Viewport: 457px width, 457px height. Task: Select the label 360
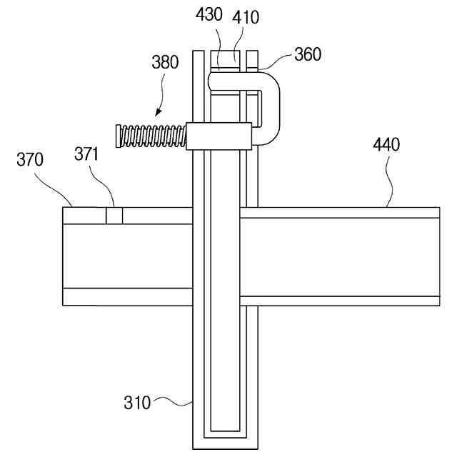(308, 54)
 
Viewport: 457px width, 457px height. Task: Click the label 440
(386, 145)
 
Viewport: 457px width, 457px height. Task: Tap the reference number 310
(138, 403)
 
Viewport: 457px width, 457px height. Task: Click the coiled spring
(151, 134)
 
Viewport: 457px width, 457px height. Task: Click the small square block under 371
(114, 215)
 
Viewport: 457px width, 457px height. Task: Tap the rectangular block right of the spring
(219, 136)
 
